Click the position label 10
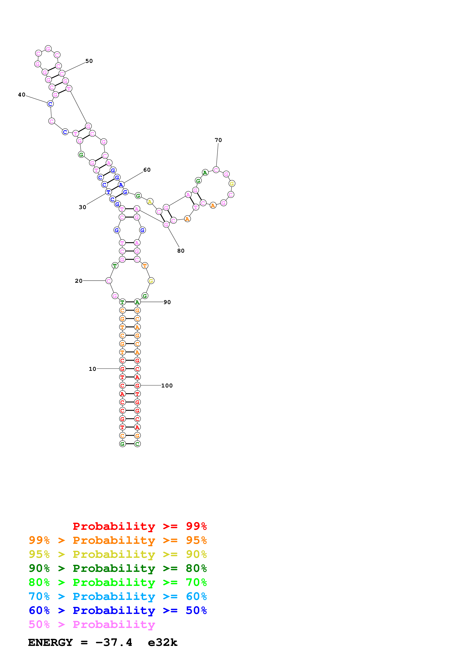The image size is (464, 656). pyautogui.click(x=92, y=369)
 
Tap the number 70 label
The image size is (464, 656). pyautogui.click(x=218, y=140)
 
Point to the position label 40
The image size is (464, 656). pyautogui.click(x=22, y=95)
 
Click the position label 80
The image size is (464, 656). pyautogui.click(x=181, y=251)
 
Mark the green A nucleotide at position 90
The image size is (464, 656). pyautogui.click(x=137, y=302)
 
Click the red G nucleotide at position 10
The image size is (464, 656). pyautogui.click(x=122, y=369)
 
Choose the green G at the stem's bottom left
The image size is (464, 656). pyautogui.click(x=122, y=444)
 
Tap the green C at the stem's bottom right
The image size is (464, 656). pyautogui.click(x=137, y=444)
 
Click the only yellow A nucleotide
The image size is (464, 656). pyautogui.click(x=150, y=202)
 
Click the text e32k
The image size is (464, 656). pyautogui.click(x=162, y=642)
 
